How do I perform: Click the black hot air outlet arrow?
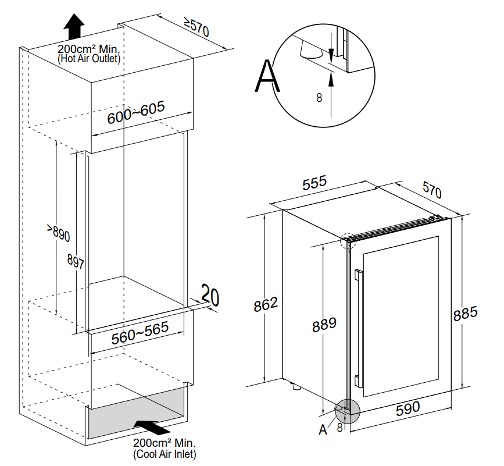[74, 26]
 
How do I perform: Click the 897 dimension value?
[76, 262]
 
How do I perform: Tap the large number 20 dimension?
[210, 296]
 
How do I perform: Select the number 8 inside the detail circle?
[319, 98]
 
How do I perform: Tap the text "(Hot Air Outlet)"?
[89, 59]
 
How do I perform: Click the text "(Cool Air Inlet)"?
[165, 454]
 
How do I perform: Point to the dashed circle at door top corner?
[347, 241]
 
